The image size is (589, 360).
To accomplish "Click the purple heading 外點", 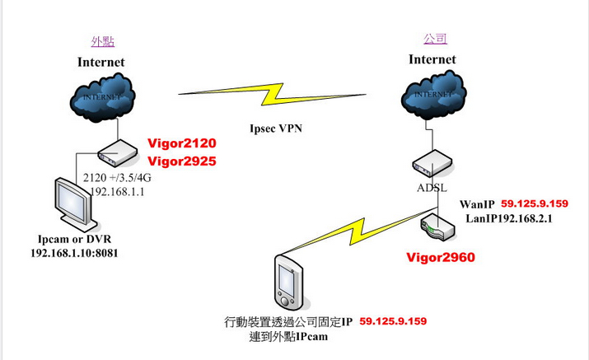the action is point(102,41).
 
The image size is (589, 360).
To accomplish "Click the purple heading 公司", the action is point(435,39).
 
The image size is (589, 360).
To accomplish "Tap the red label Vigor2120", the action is point(182,143).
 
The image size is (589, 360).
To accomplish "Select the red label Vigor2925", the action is point(182,161).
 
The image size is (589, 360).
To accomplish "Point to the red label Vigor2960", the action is point(441,257).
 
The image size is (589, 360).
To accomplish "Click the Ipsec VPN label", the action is point(276,129).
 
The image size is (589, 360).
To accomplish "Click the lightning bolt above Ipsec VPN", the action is point(272,94).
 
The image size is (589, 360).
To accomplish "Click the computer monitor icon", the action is point(75,205).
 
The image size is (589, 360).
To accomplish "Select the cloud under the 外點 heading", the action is point(102,97).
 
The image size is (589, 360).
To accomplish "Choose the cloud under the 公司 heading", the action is point(433,95).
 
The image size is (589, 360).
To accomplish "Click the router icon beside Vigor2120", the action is point(117,153).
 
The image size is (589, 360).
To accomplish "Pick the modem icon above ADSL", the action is point(432,163).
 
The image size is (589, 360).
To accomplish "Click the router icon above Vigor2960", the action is point(438,227).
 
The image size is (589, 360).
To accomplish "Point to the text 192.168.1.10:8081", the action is point(74,253).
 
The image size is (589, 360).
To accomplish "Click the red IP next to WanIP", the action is point(535,203).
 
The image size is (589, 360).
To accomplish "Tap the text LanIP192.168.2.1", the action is point(509,218).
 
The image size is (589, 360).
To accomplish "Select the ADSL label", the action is point(432,188).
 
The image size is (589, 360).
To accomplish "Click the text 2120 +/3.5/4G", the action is point(117,177).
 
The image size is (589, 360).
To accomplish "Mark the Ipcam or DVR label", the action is point(74,240).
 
